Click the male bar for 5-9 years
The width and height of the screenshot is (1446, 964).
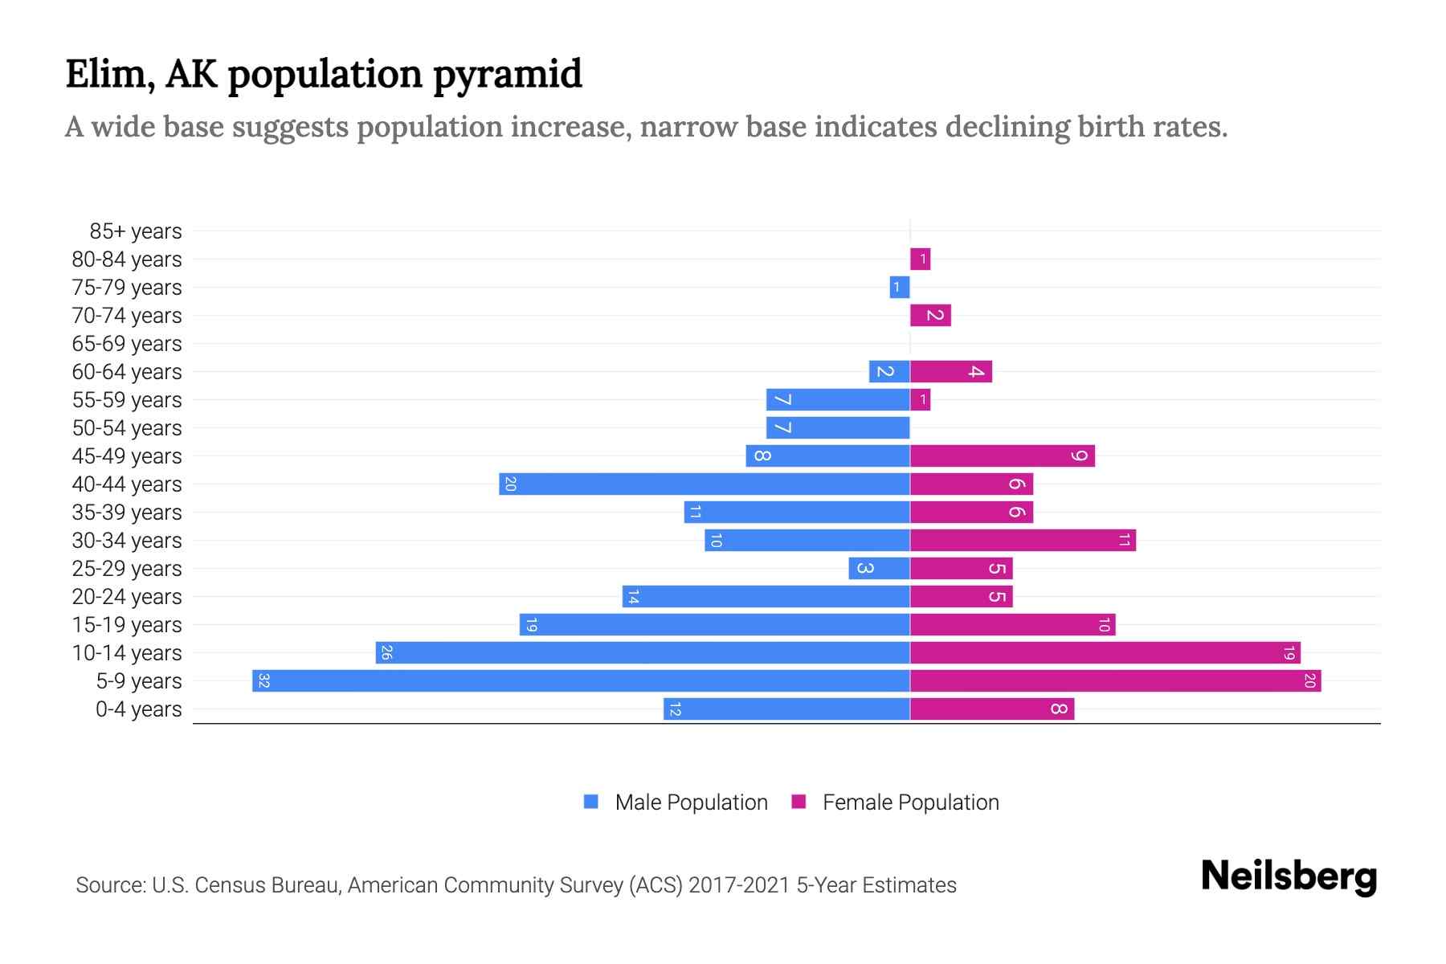click(x=581, y=681)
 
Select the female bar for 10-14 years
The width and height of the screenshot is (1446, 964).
click(x=1105, y=653)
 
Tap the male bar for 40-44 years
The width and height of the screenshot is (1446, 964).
click(x=705, y=484)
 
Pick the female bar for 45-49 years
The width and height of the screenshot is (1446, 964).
click(x=1002, y=456)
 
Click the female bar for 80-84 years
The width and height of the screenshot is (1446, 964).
click(x=920, y=259)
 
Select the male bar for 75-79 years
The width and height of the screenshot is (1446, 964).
click(x=900, y=288)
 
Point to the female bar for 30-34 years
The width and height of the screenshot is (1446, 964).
click(x=1023, y=541)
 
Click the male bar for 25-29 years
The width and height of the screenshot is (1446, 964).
click(x=879, y=569)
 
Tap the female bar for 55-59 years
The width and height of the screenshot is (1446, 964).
click(x=920, y=400)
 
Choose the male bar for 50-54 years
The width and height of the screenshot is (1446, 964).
click(x=838, y=428)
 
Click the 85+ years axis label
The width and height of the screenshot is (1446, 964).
click(x=136, y=231)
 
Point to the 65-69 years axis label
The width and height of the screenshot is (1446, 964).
click(x=127, y=344)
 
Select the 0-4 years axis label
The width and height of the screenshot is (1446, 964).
click(x=138, y=709)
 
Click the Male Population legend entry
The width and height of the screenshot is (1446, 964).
click(x=691, y=803)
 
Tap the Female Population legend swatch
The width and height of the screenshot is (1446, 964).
click(x=799, y=802)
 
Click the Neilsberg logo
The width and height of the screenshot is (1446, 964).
click(x=1289, y=876)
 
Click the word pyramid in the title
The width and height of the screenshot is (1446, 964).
click(x=508, y=75)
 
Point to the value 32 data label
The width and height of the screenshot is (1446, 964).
click(x=263, y=681)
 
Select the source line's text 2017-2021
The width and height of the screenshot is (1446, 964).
click(x=739, y=885)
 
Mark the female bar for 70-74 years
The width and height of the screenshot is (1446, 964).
click(x=930, y=316)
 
